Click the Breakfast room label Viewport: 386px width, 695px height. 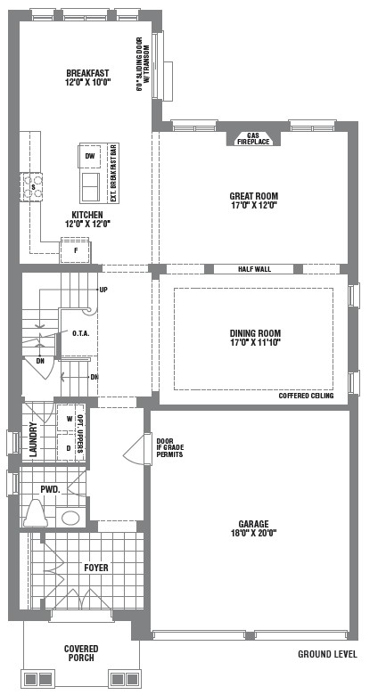pyautogui.click(x=87, y=73)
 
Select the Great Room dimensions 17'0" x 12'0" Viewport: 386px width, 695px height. pyautogui.click(x=254, y=205)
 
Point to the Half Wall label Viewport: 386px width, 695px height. pyautogui.click(x=254, y=269)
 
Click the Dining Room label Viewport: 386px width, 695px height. pyautogui.click(x=255, y=333)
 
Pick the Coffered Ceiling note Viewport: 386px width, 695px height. pyautogui.click(x=306, y=396)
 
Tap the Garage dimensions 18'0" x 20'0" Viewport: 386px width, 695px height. pyautogui.click(x=254, y=533)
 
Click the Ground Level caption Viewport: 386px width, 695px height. pyautogui.click(x=327, y=654)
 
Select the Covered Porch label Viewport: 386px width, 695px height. pyautogui.click(x=81, y=653)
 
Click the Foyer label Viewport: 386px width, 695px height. pyautogui.click(x=96, y=568)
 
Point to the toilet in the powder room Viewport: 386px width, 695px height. pyautogui.click(x=36, y=514)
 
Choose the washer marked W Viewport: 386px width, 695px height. pyautogui.click(x=70, y=419)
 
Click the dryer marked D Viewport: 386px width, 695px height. pyautogui.click(x=69, y=448)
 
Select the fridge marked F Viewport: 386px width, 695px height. pyautogui.click(x=76, y=251)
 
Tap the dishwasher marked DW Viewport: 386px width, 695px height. pyautogui.click(x=90, y=156)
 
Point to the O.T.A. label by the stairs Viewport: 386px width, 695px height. pyautogui.click(x=81, y=333)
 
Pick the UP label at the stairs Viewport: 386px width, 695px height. pyautogui.click(x=103, y=290)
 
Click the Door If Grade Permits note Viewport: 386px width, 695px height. pyautogui.click(x=170, y=447)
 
